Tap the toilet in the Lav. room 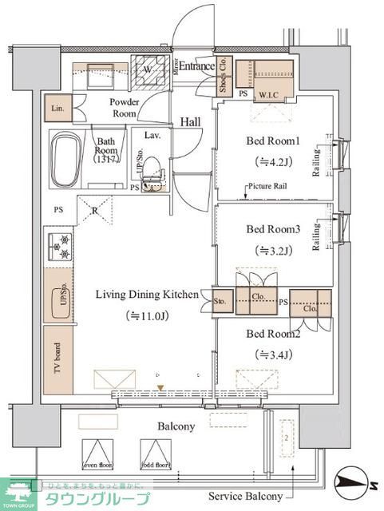154,170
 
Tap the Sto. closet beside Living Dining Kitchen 220,303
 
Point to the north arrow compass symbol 352,479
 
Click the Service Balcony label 245,497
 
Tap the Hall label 190,121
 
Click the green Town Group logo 20,493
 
